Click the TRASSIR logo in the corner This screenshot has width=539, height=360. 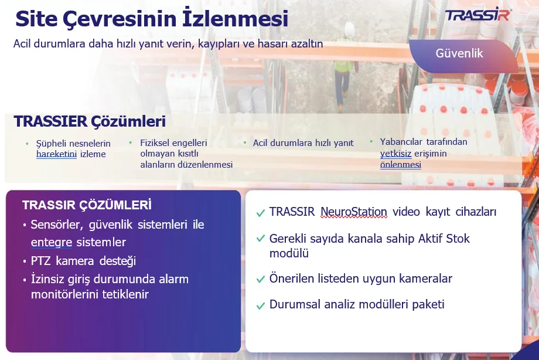tap(478, 15)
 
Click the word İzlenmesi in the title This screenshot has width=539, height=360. tap(235, 18)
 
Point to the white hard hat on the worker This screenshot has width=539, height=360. tap(349, 30)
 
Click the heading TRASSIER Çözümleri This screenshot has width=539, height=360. tap(90, 121)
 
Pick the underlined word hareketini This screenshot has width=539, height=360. tap(56, 154)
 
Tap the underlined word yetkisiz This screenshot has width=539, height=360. tap(395, 154)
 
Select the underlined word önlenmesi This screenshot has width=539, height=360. tap(401, 165)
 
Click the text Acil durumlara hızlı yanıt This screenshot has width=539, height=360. tap(303, 143)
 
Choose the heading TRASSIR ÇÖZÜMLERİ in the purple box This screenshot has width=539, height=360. tap(87, 205)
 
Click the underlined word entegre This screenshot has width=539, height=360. tap(51, 243)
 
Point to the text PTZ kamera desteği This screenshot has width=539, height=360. tap(83, 261)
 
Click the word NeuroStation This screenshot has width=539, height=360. tap(354, 212)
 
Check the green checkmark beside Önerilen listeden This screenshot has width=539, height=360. tap(261, 279)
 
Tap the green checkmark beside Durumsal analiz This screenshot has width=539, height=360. tap(261, 305)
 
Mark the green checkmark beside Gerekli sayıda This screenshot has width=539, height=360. tap(261, 238)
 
